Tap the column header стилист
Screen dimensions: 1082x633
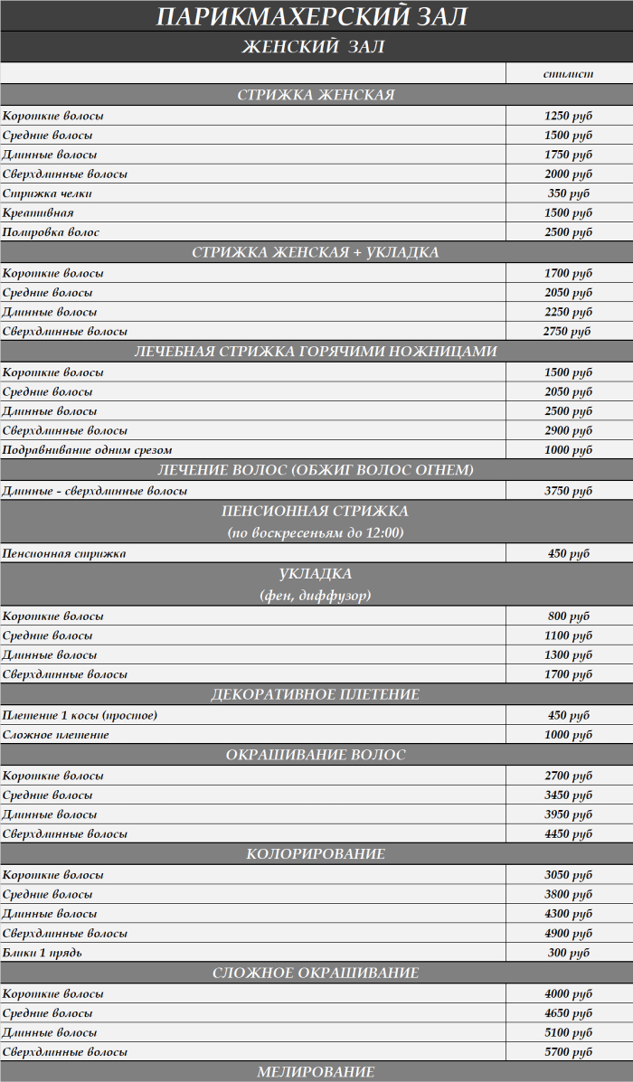(568, 74)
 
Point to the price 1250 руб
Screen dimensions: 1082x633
(568, 116)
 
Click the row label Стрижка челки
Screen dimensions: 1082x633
(47, 193)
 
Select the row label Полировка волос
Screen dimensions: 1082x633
(51, 232)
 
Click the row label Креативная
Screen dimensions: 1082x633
(38, 212)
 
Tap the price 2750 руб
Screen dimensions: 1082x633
(567, 332)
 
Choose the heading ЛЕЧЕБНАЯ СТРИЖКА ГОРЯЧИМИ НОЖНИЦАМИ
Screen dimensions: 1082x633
(316, 352)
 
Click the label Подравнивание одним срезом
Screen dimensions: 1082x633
(87, 450)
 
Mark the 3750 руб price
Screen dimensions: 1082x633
(568, 491)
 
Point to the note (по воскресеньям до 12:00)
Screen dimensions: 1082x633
(316, 533)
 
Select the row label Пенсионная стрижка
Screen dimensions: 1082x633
(64, 553)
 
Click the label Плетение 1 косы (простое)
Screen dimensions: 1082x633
(80, 715)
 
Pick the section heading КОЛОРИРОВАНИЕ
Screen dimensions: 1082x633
(316, 854)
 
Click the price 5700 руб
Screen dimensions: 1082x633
(568, 1052)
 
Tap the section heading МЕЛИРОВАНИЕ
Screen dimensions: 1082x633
(316, 1072)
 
